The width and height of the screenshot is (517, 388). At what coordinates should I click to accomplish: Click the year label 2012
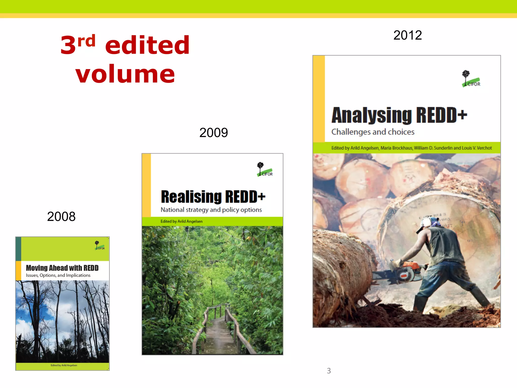click(x=407, y=35)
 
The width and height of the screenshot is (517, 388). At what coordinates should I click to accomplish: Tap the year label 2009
click(x=214, y=133)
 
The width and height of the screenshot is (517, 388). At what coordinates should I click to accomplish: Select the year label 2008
click(x=61, y=216)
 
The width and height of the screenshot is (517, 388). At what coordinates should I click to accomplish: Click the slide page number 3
click(x=329, y=371)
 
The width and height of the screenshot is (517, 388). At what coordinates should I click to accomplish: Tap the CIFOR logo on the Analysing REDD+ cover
click(x=471, y=79)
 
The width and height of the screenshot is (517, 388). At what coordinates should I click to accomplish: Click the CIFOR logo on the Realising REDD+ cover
click(x=265, y=169)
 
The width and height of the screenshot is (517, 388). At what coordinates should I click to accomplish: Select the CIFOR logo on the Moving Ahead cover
click(x=99, y=246)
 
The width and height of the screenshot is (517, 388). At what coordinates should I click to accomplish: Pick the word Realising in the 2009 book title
click(x=191, y=197)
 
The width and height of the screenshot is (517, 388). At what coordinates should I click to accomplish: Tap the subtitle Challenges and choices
click(x=373, y=132)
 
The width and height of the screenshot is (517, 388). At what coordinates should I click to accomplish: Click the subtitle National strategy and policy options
click(x=211, y=210)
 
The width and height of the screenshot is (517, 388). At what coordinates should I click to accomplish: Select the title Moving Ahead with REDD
click(x=62, y=268)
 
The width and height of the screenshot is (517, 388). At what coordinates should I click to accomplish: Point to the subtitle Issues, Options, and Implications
click(x=58, y=275)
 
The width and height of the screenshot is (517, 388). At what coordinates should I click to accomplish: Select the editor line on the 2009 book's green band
click(x=182, y=221)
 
